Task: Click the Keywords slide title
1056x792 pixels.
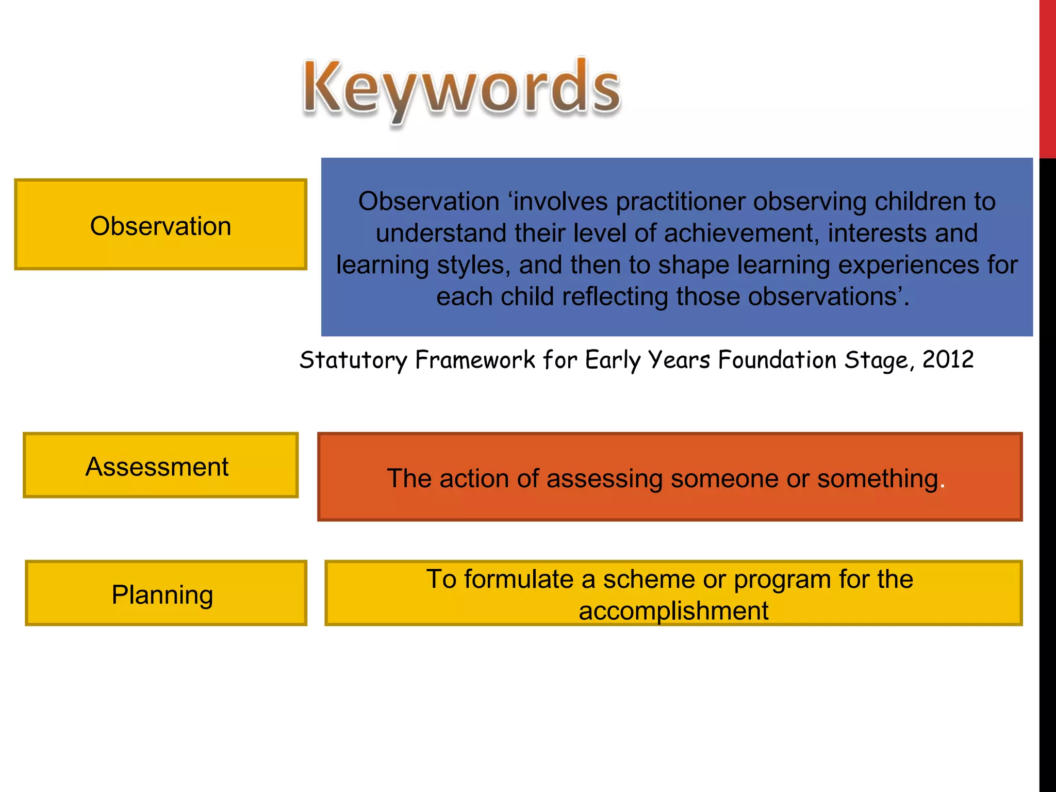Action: click(461, 88)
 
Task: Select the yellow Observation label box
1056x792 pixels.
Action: click(160, 225)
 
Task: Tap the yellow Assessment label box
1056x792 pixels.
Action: click(160, 466)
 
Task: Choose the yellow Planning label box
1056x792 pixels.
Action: click(166, 593)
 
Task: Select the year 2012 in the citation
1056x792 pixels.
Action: click(948, 359)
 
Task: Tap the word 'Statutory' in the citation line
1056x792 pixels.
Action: click(353, 360)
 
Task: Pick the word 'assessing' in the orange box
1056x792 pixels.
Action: click(604, 478)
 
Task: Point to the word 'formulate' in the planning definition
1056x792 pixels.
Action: click(519, 579)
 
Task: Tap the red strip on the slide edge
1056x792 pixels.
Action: click(1047, 77)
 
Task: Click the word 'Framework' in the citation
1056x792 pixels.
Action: click(475, 359)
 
